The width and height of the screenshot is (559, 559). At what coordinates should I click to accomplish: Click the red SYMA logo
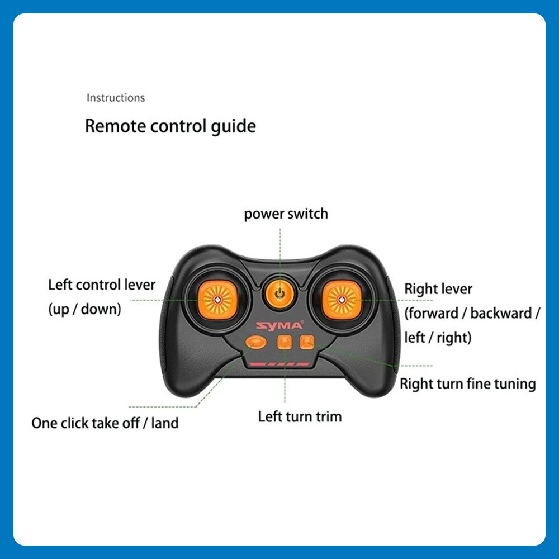point(280,325)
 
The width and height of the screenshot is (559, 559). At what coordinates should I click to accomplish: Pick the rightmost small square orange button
point(306,342)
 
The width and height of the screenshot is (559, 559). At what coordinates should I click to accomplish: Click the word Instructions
point(115,98)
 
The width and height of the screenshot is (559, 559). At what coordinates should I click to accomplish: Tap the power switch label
point(286,214)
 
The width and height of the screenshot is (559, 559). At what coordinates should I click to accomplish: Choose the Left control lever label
point(102,285)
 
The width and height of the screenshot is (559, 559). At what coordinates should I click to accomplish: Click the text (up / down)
point(84,309)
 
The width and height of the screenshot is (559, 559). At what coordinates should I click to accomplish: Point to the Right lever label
point(438,289)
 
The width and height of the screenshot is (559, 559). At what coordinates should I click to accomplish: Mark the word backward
point(501,313)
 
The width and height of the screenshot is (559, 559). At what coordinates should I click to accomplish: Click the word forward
point(434,313)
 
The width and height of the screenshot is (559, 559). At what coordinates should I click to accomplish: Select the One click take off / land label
point(105,423)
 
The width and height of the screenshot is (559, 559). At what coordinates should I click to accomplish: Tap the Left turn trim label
point(300,416)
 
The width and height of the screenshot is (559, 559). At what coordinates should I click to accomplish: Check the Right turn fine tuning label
point(468,384)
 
